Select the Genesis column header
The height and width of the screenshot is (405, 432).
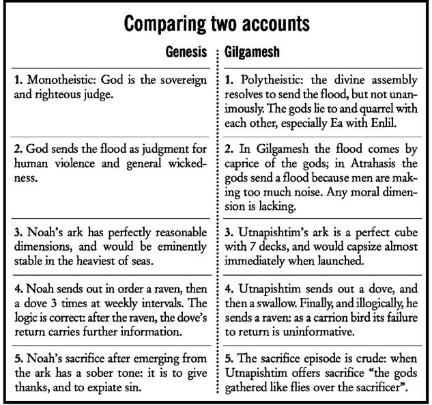[x=186, y=51]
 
